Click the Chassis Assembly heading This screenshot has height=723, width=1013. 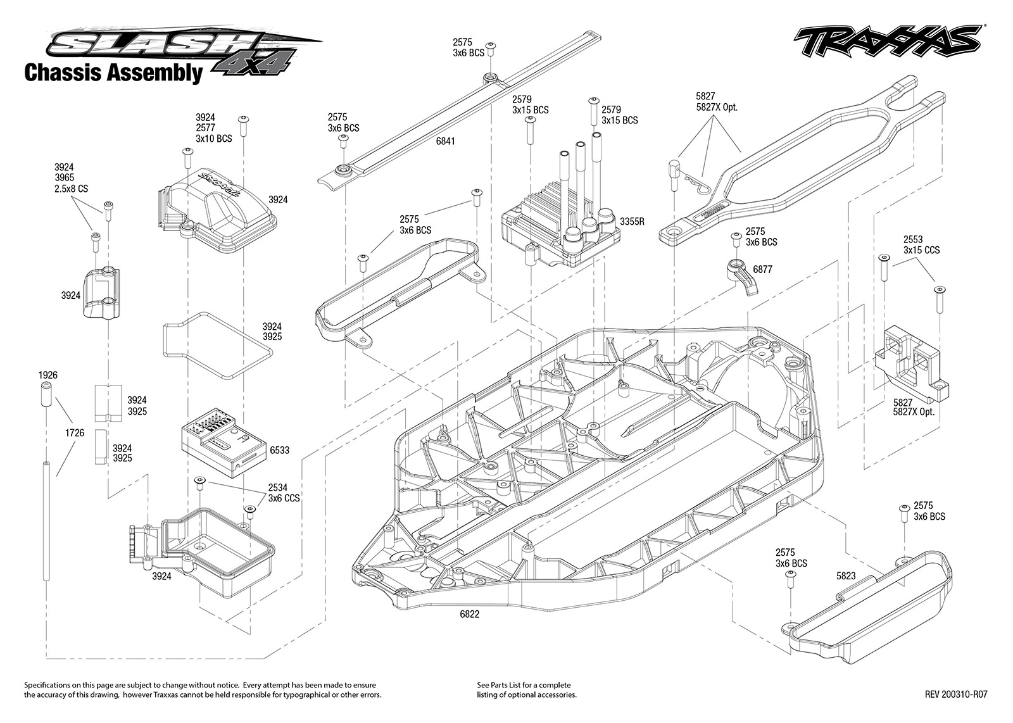click(113, 72)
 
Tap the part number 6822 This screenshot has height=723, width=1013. click(469, 614)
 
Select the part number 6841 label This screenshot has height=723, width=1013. click(446, 141)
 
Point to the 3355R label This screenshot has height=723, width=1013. click(632, 222)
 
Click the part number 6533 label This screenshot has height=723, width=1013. click(279, 450)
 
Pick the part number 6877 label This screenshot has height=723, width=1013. click(762, 270)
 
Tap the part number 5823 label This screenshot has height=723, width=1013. click(846, 575)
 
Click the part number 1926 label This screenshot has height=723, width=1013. click(48, 375)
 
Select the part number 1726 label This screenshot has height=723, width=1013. click(75, 432)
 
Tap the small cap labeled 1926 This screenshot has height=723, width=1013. click(47, 394)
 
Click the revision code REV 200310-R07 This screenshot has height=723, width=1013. click(956, 694)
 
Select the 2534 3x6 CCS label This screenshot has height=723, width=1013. click(284, 493)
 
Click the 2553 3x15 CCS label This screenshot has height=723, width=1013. click(921, 244)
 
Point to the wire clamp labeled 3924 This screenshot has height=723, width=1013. click(101, 293)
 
